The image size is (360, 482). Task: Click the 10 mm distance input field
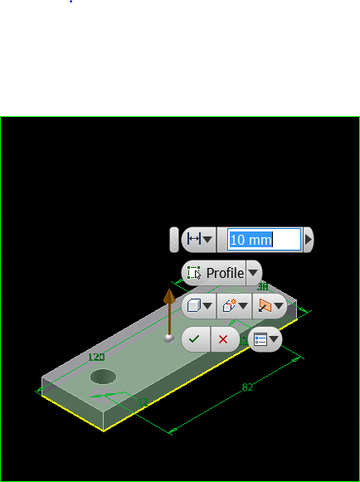click(x=263, y=240)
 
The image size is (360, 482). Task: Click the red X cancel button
click(x=223, y=339)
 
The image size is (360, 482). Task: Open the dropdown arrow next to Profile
click(x=254, y=273)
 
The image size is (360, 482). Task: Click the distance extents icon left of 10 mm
click(x=198, y=240)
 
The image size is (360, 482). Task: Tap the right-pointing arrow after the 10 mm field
click(x=309, y=240)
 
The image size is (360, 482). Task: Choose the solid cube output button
click(x=199, y=305)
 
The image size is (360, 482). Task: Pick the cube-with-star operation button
click(x=234, y=305)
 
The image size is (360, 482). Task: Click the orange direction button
click(x=270, y=305)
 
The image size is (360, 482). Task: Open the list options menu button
click(x=265, y=339)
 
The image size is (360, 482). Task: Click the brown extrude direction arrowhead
click(x=169, y=297)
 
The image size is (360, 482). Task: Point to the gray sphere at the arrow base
click(x=169, y=338)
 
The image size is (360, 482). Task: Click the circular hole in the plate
click(x=104, y=377)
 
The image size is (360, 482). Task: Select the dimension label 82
click(x=247, y=387)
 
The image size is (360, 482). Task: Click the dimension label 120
click(x=97, y=357)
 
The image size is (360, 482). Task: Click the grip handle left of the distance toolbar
click(x=173, y=240)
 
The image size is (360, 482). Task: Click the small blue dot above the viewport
click(x=71, y=2)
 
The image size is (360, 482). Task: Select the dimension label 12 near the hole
click(x=143, y=402)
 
